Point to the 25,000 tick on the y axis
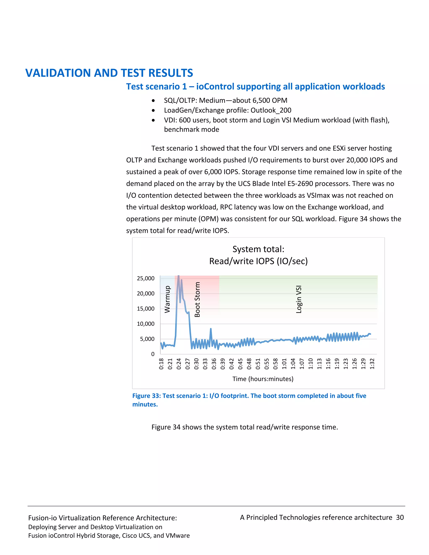pos(146,279)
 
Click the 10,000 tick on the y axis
pos(146,324)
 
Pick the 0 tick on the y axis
pos(152,354)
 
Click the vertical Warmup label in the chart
pos(167,299)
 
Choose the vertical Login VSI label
pos(299,299)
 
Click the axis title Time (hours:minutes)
pos(263,379)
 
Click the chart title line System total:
pos(258,249)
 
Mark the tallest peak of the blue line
pos(179,276)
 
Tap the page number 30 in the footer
pos(400,517)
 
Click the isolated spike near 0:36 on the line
pos(211,329)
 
